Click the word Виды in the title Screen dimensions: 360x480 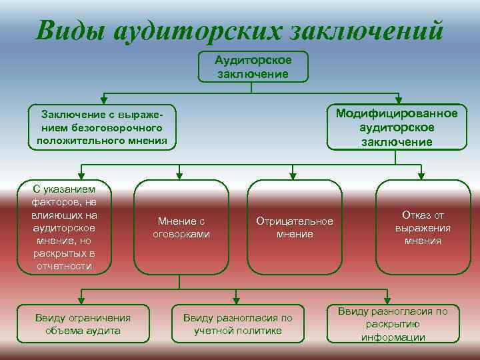pyautogui.click(x=69, y=29)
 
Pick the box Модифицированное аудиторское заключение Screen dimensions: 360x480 pyautogui.click(x=397, y=127)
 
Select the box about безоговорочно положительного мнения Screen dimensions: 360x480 pyautogui.click(x=102, y=127)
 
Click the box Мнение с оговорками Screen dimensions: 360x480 pyautogui.click(x=181, y=227)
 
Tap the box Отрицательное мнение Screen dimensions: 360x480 pyautogui.click(x=294, y=227)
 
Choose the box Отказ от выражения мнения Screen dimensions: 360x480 pyautogui.click(x=423, y=227)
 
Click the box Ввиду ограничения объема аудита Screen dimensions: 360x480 pyautogui.click(x=83, y=324)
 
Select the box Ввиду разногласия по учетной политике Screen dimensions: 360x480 pyautogui.click(x=238, y=324)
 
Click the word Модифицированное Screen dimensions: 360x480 pyautogui.click(x=397, y=113)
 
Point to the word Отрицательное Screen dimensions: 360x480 pyautogui.click(x=294, y=221)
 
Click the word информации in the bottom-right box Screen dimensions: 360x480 pyautogui.click(x=393, y=337)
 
